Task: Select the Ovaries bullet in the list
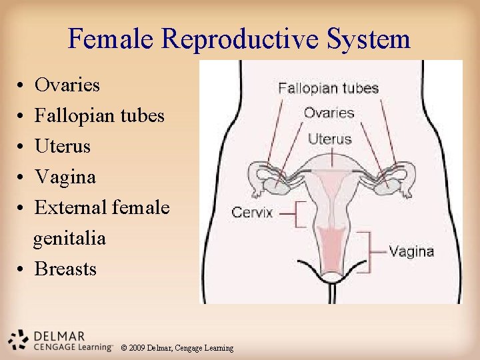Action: pos(67,85)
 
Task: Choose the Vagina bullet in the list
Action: pos(65,177)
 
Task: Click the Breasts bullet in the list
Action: pos(65,269)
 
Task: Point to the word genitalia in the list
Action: pos(70,238)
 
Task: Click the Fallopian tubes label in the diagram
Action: pos(328,88)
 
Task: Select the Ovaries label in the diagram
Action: pos(329,113)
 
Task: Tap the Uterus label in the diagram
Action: pos(329,139)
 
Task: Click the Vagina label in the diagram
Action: pos(411,251)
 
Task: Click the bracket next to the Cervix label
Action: pos(299,213)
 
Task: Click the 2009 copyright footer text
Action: pos(177,348)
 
